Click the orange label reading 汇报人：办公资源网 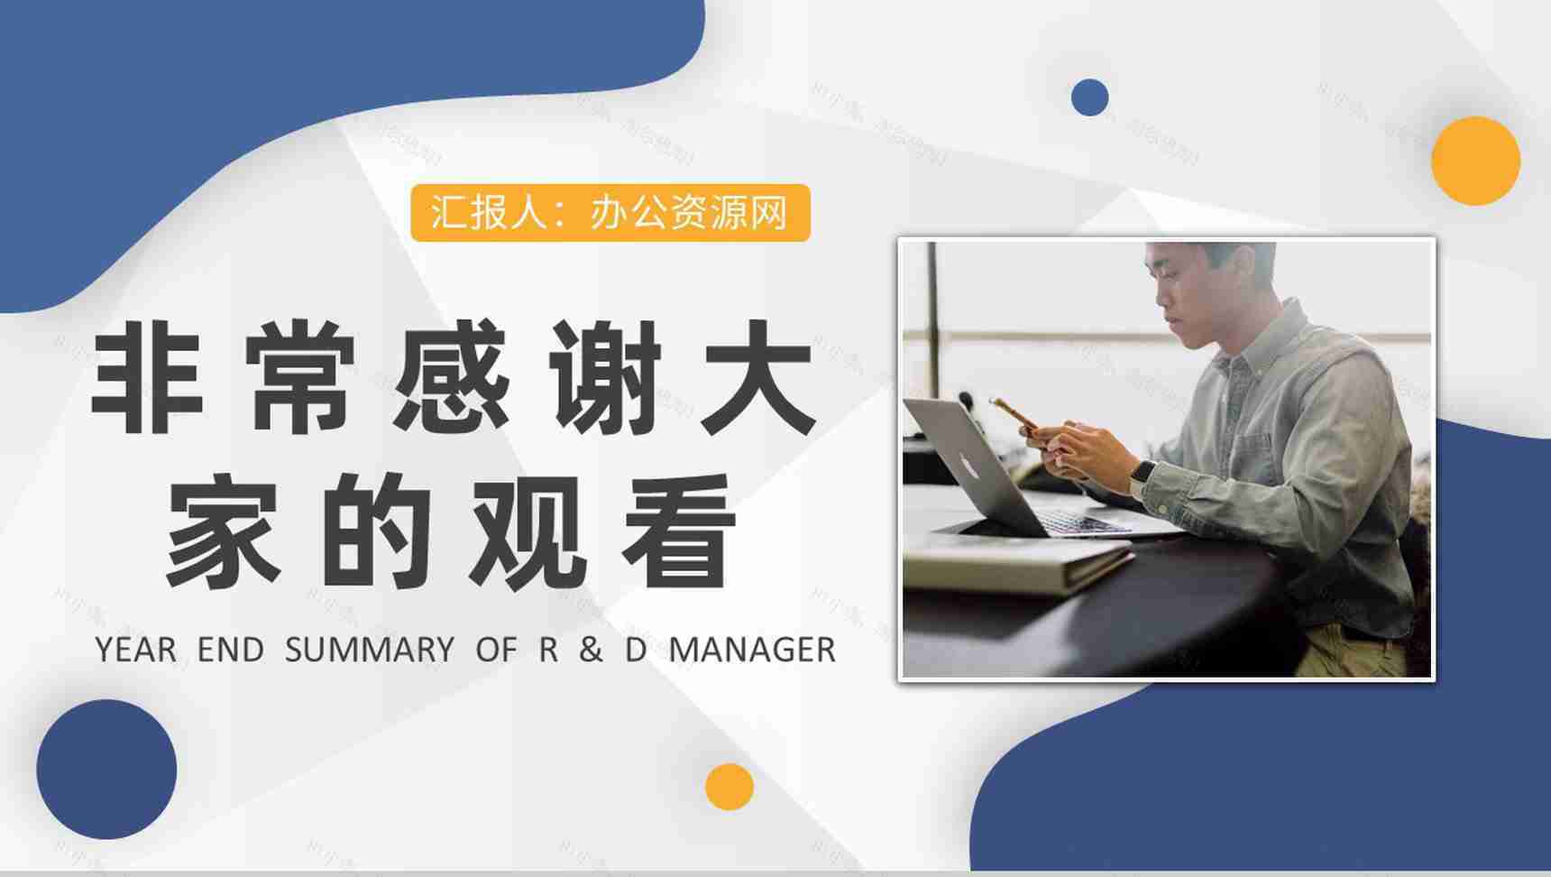click(610, 213)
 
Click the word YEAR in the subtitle click(135, 650)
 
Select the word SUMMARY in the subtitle click(370, 650)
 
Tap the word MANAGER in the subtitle click(752, 650)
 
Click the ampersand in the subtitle click(591, 650)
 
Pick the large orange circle click(1475, 161)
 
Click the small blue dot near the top click(1089, 97)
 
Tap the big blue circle click(106, 769)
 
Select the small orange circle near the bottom click(729, 786)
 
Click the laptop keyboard click(1078, 522)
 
